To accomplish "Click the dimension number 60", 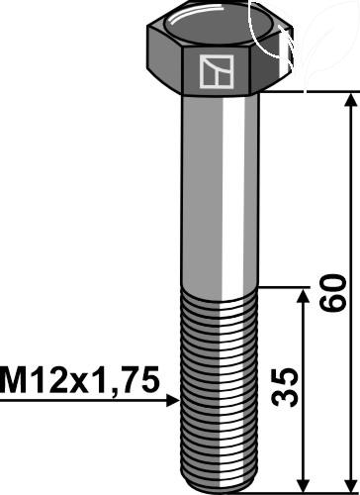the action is click(x=334, y=293).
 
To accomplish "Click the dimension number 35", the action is click(x=285, y=387).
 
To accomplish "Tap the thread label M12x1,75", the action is click(x=80, y=381).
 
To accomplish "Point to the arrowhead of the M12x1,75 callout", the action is click(x=173, y=400).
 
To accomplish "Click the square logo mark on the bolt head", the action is click(x=217, y=71).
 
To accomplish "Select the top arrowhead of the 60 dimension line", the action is click(x=351, y=99).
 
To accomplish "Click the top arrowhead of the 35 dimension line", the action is click(x=304, y=296).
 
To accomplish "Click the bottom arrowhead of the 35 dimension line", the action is click(x=304, y=484).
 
